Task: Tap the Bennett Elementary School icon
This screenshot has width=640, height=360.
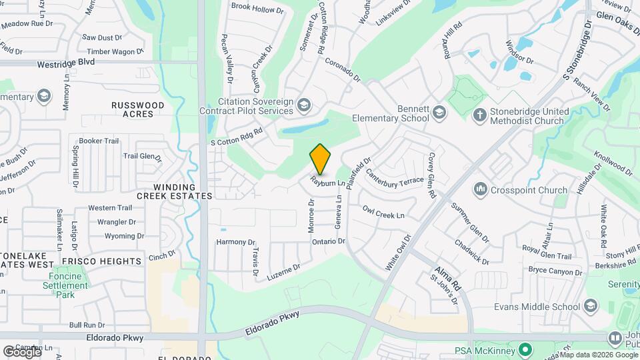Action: click(x=439, y=113)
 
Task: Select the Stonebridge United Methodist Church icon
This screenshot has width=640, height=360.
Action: click(x=479, y=115)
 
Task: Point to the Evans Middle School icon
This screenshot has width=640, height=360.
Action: click(x=590, y=306)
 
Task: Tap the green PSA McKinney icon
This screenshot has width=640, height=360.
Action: click(x=525, y=350)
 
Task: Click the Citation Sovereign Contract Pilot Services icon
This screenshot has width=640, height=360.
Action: click(x=304, y=105)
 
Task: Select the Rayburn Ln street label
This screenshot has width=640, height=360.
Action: click(x=328, y=182)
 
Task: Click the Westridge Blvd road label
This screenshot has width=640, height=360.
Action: click(x=66, y=61)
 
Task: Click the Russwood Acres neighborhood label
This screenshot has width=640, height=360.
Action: click(x=137, y=109)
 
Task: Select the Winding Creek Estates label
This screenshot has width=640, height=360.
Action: click(x=175, y=191)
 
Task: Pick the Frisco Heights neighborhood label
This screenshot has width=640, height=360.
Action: click(x=101, y=261)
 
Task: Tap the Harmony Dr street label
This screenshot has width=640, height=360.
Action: click(x=236, y=242)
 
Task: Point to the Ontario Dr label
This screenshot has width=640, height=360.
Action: click(x=328, y=241)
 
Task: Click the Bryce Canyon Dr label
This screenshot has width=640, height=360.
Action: click(x=555, y=269)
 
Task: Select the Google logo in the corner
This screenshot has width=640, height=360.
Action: click(x=22, y=351)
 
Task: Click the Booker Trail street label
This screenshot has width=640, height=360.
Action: click(x=99, y=141)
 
